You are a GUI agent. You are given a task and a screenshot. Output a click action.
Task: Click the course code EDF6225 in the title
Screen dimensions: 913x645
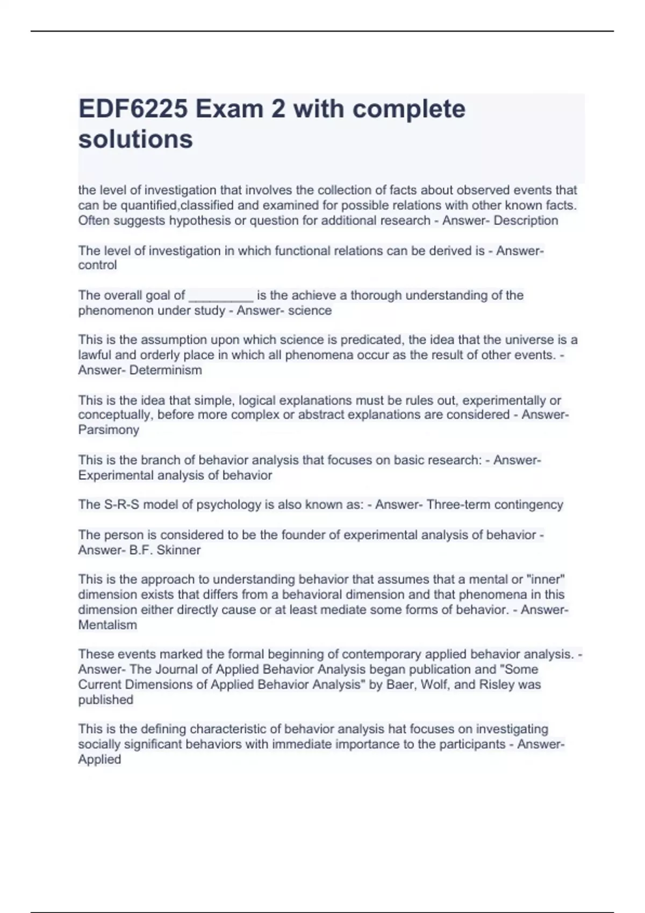133,109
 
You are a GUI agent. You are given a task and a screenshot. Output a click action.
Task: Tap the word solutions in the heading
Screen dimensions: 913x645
135,139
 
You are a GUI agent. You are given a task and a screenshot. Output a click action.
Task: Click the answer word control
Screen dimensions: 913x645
97,265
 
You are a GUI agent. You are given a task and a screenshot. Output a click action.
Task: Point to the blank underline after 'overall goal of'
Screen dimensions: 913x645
221,296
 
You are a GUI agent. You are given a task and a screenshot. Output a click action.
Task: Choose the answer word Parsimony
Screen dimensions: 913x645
109,430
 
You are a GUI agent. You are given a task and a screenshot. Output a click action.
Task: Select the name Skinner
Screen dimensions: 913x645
178,550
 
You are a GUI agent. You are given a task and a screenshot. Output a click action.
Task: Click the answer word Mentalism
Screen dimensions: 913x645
107,625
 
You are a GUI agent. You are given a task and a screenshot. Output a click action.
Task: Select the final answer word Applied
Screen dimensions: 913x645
99,759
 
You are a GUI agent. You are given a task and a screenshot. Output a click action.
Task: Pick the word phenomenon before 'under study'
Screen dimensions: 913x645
113,310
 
